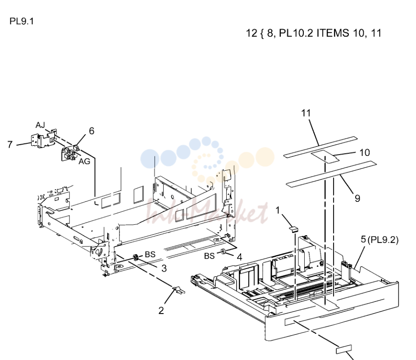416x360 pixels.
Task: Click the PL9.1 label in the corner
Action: (x=22, y=21)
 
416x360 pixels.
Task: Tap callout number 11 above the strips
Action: (x=306, y=113)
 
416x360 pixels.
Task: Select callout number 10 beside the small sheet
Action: (x=365, y=153)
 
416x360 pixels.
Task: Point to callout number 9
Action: (x=357, y=198)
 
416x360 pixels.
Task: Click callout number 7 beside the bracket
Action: (x=10, y=144)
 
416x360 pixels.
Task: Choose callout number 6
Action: (x=91, y=131)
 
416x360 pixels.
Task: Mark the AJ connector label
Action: (x=40, y=125)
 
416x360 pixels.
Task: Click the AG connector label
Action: (x=84, y=161)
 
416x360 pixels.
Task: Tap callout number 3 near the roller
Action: (x=164, y=268)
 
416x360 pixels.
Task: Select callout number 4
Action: (x=239, y=257)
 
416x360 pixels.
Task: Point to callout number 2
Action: (x=161, y=310)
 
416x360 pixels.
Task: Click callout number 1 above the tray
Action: (x=278, y=210)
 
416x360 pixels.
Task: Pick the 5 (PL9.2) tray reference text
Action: (x=379, y=240)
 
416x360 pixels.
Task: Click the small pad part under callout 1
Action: (x=293, y=229)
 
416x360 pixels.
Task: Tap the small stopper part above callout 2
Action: (x=178, y=290)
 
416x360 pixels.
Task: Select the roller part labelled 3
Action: (x=136, y=257)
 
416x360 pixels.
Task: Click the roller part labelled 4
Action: (x=223, y=251)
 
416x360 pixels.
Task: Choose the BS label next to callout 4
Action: (x=209, y=256)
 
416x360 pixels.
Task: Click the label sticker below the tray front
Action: (x=344, y=349)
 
